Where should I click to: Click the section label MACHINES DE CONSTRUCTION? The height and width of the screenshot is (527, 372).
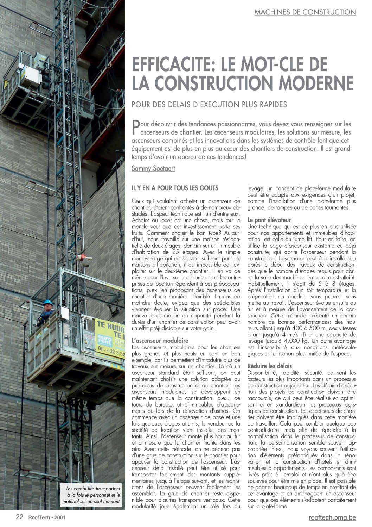tap(305, 12)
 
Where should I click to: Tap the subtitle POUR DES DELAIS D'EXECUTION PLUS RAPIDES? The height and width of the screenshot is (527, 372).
tap(209, 105)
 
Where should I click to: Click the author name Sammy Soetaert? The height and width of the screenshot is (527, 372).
tap(153, 168)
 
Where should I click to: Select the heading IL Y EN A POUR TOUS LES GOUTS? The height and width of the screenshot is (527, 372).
tap(175, 188)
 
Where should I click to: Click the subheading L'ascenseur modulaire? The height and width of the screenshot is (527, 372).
tap(160, 341)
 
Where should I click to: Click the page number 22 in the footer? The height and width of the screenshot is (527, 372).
tap(19, 517)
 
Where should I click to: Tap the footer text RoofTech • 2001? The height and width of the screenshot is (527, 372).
tap(46, 517)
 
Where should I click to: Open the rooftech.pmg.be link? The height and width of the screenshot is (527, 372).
tap(332, 517)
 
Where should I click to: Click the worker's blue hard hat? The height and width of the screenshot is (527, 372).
tap(47, 302)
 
